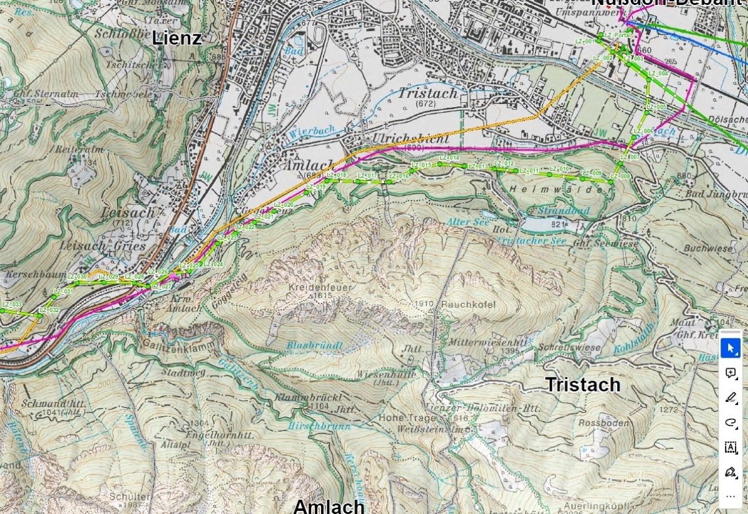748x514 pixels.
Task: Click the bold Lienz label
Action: coord(177,38)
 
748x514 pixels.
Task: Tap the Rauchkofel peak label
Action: coord(468,305)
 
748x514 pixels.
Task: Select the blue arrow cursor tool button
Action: coord(731,348)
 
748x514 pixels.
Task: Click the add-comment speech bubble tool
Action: coord(731,373)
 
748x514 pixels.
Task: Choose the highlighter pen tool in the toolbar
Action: coord(731,397)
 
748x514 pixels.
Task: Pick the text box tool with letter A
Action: coord(731,447)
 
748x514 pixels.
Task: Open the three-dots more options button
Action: coord(731,496)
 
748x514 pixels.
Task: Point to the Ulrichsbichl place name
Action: coord(405,138)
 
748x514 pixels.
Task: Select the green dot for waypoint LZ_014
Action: coord(439,164)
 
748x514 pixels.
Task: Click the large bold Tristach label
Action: coord(583,384)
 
